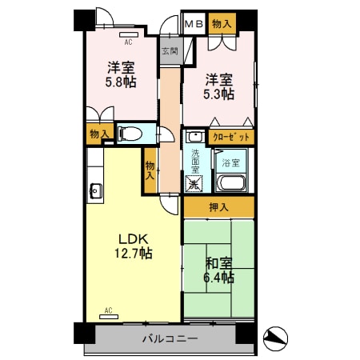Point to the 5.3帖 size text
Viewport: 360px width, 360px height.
click(x=218, y=94)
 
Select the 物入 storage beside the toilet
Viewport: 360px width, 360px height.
click(x=99, y=134)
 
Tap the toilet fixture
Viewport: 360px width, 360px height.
click(x=128, y=134)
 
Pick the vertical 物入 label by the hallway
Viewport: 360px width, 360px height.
click(x=150, y=169)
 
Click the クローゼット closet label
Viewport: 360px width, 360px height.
click(x=232, y=137)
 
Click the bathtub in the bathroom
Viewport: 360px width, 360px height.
click(x=233, y=184)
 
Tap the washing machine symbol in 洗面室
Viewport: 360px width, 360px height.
click(x=194, y=183)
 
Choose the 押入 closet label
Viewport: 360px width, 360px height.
click(x=218, y=207)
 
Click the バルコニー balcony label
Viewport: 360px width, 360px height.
click(x=170, y=339)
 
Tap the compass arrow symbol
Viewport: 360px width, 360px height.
click(x=274, y=338)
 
